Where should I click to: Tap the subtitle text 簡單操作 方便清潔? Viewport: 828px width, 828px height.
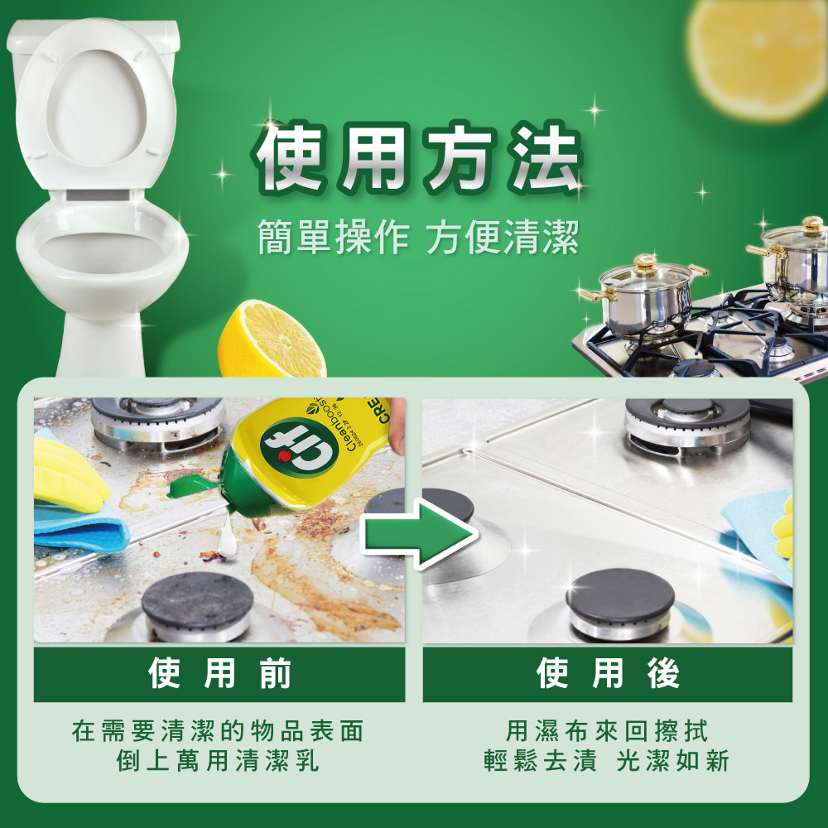point(417,236)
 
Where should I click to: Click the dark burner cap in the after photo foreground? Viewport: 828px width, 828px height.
point(619,596)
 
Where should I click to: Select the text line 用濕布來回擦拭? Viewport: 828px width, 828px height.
point(608,731)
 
